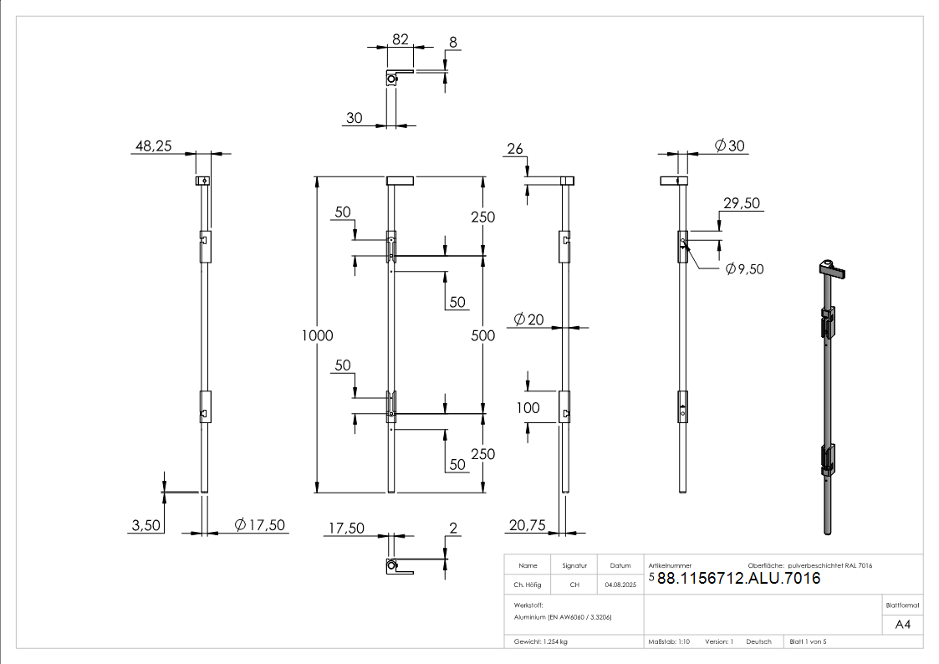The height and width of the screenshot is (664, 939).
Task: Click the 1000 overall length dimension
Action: (318, 335)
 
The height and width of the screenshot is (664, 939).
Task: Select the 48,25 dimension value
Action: (153, 146)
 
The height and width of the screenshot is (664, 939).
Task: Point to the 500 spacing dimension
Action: (483, 335)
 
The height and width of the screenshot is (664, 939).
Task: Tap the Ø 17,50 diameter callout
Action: (261, 525)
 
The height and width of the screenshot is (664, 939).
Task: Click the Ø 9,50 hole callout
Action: (744, 268)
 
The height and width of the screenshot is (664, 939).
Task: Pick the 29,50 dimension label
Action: (741, 203)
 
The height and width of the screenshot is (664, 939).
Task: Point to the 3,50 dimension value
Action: (145, 525)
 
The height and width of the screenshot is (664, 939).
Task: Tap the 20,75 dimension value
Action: (526, 525)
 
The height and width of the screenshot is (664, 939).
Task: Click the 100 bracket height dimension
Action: (528, 408)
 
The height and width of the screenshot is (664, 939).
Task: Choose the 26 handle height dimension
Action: (514, 149)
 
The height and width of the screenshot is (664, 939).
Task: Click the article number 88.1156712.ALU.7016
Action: (738, 578)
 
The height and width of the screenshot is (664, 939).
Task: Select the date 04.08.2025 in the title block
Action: (620, 585)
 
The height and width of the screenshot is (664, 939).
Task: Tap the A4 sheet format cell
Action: (903, 624)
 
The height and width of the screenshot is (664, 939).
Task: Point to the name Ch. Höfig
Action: (528, 585)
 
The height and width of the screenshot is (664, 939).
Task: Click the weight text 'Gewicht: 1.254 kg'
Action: (541, 641)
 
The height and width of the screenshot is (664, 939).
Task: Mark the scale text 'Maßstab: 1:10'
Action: (669, 641)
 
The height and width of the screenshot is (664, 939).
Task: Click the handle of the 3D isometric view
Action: (832, 269)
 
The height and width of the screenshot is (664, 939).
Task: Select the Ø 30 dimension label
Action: (729, 146)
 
